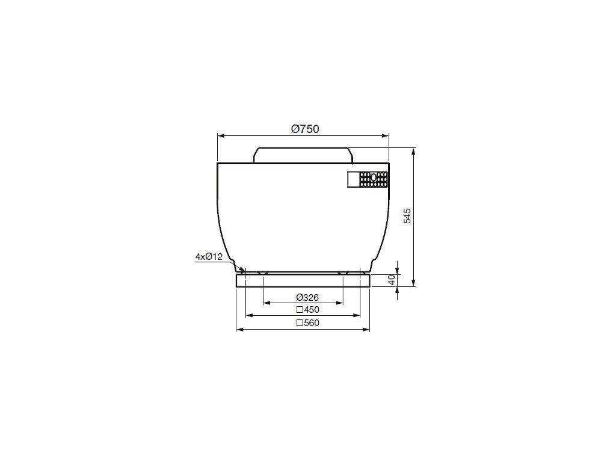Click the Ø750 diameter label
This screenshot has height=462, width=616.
(305, 129)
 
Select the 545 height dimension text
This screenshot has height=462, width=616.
(407, 216)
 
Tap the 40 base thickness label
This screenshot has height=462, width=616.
(391, 280)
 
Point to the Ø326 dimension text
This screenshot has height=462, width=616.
(307, 297)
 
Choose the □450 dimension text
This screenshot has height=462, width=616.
(307, 310)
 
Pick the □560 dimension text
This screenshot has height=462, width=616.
(307, 323)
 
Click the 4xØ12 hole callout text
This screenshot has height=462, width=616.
(209, 257)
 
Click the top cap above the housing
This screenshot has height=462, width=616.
(303, 155)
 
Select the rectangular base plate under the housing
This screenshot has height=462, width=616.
(303, 280)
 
